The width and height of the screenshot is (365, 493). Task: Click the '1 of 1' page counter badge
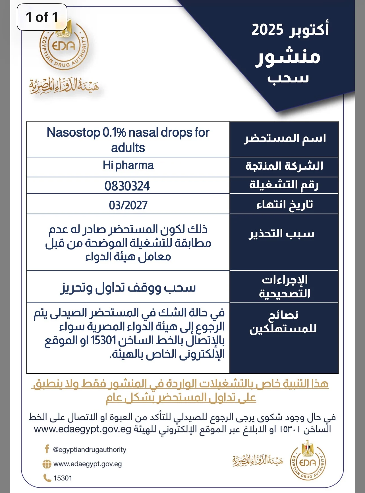pos(42,17)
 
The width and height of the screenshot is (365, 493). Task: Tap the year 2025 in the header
pos(267,30)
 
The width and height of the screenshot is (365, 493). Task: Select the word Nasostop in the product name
pos(73,132)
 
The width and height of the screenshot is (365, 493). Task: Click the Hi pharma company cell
pos(128,165)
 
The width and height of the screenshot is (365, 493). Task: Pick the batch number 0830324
pos(127,186)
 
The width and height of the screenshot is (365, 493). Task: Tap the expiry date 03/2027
pos(128,205)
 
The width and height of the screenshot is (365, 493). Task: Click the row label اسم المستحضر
pos(285,139)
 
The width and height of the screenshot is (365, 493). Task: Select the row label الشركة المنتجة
pos(284,166)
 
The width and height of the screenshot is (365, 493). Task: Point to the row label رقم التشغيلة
pos(284,185)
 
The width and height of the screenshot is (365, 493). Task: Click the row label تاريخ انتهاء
pos(285,204)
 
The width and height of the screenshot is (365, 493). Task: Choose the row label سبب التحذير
pos(282,234)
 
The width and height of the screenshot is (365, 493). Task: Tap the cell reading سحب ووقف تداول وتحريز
pos(128,288)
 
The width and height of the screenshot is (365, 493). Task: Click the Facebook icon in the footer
pos(47,449)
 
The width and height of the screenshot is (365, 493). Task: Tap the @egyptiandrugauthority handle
pos(90,450)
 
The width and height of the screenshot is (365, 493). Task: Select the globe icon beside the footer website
pos(47,464)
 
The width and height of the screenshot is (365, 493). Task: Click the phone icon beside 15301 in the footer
pos(47,478)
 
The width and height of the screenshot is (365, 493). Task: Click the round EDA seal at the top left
pos(64,47)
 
